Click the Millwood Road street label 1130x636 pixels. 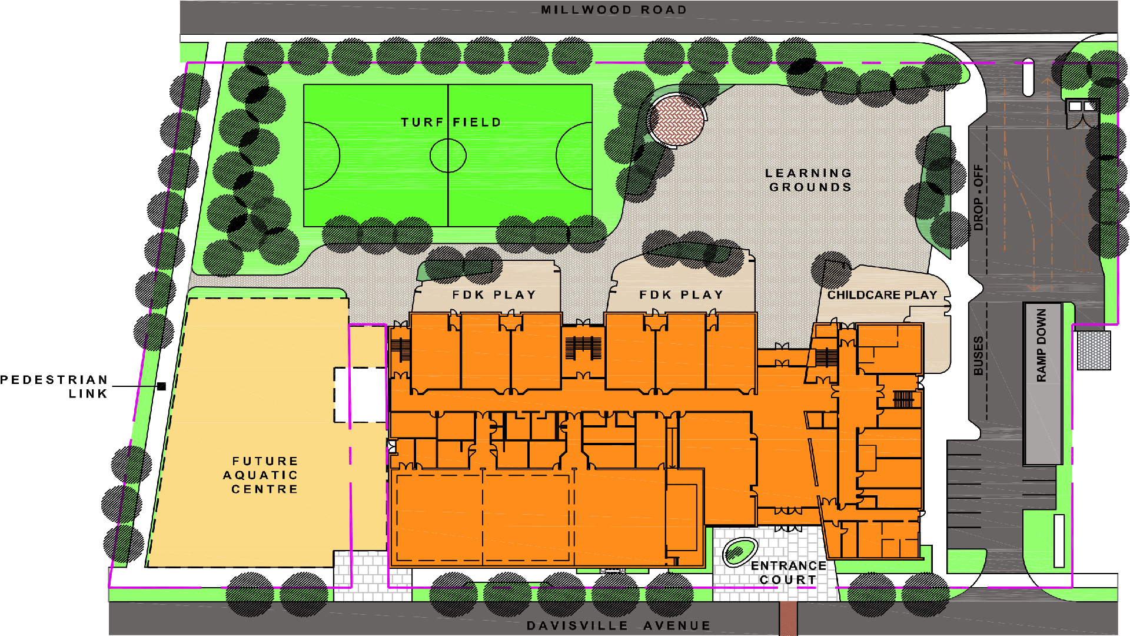click(614, 10)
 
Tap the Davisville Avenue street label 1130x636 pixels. click(619, 625)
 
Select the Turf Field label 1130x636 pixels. click(451, 122)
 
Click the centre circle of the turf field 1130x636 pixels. click(448, 155)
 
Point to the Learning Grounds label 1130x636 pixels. click(809, 180)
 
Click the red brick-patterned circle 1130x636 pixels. click(677, 120)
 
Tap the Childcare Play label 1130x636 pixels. click(882, 295)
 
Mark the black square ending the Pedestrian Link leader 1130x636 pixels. click(161, 386)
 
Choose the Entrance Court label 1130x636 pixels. click(789, 572)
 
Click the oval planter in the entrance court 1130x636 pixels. click(739, 552)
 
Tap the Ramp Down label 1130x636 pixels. click(1042, 346)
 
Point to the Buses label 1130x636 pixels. click(978, 356)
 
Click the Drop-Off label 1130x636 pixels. click(978, 197)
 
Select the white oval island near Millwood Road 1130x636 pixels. click(1028, 77)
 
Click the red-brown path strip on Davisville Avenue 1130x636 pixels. click(788, 618)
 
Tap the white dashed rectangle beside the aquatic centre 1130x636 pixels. click(360, 395)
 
